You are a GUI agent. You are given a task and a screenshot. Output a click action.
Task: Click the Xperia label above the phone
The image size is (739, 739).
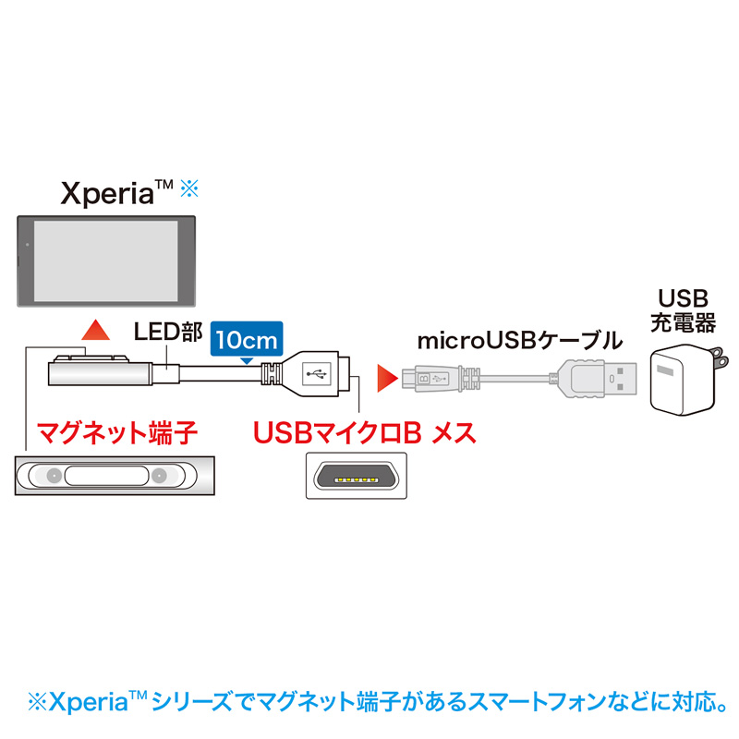point(116,193)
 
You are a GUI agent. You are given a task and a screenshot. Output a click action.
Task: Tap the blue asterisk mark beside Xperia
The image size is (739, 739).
point(189,188)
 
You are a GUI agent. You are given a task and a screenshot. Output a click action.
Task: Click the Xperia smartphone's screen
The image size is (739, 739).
point(106,261)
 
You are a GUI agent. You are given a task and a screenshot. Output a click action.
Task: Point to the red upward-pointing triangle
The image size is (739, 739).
point(96,330)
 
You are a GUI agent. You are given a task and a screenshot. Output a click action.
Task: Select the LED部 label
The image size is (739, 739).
point(168,332)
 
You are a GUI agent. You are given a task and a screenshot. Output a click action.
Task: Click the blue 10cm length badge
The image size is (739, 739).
point(247,339)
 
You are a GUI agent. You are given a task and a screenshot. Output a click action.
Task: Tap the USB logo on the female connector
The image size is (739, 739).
point(316,374)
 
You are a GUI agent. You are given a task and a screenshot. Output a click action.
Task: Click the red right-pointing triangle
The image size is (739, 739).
point(388,378)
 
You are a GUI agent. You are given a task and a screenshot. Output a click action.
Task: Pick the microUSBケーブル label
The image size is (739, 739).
point(520,340)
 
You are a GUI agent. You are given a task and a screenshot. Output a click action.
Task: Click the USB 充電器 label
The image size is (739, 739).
point(683,310)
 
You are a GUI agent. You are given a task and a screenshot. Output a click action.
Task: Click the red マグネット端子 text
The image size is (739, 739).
point(117,432)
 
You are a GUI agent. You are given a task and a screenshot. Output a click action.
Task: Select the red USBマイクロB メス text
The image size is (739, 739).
point(365,432)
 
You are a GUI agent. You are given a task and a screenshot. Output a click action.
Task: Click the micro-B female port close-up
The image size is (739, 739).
point(357,476)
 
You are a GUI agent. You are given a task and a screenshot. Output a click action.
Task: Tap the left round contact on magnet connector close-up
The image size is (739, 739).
point(55,476)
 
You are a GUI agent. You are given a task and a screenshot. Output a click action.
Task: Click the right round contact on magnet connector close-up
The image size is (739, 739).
point(159,476)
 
